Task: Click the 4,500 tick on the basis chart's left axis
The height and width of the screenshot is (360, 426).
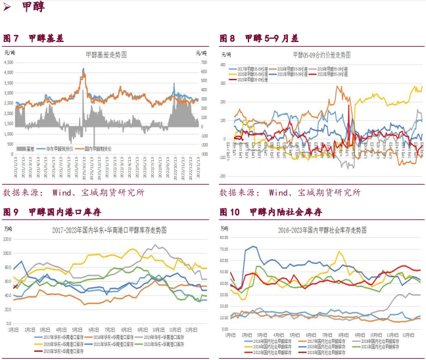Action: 9,63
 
